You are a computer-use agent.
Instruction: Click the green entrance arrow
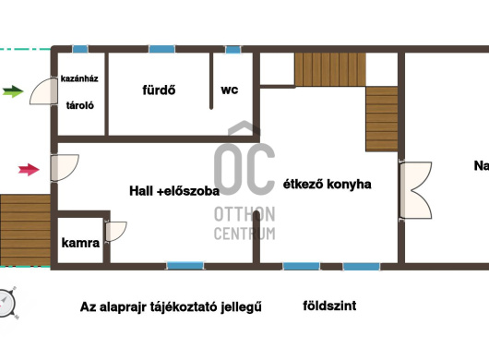pos(13,91)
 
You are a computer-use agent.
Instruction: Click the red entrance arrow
pos(29,170)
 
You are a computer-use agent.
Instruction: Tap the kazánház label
pos(79,78)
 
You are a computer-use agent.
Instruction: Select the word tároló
pos(80,105)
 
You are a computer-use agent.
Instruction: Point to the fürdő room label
pos(159,90)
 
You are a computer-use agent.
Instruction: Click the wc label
pos(230,90)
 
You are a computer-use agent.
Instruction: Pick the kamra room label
pos(80,243)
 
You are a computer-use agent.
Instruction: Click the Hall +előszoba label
pos(174,190)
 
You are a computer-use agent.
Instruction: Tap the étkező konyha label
pos(328,184)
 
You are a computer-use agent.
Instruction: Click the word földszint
pos(329,306)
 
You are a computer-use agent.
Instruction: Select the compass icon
pos(6,303)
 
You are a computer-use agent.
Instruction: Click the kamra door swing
pos(116,231)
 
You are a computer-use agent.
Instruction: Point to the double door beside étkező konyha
pos(416,190)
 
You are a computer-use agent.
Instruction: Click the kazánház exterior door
pos(43,91)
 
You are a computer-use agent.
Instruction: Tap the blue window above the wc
pos(233,49)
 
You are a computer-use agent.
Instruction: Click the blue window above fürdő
pos(161,49)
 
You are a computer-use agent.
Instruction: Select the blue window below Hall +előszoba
pos(185,266)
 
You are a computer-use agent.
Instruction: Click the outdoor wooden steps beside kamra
pos(25,230)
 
